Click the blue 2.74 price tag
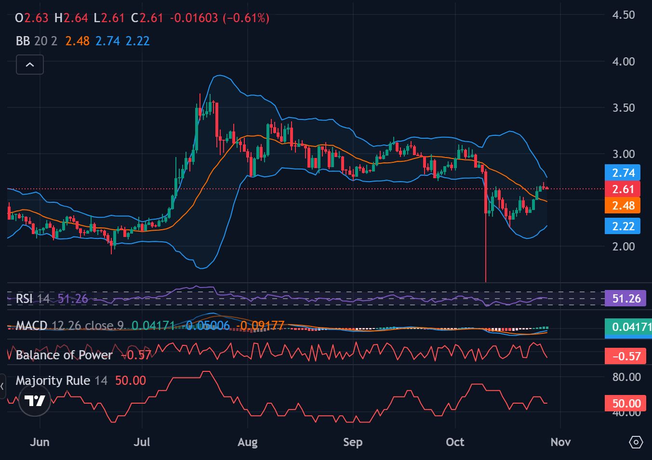623,173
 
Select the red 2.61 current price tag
623,189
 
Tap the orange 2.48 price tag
623,206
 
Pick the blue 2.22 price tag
623,226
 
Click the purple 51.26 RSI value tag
626,299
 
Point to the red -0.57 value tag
626,356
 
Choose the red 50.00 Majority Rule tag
626,403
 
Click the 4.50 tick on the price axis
623,15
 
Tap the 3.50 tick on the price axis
623,108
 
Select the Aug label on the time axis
248,442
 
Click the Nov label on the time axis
560,442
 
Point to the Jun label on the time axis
40,442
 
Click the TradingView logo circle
35,401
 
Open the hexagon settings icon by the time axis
636,442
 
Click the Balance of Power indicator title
64,355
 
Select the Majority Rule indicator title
53,381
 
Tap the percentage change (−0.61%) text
246,18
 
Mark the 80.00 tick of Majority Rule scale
626,377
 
